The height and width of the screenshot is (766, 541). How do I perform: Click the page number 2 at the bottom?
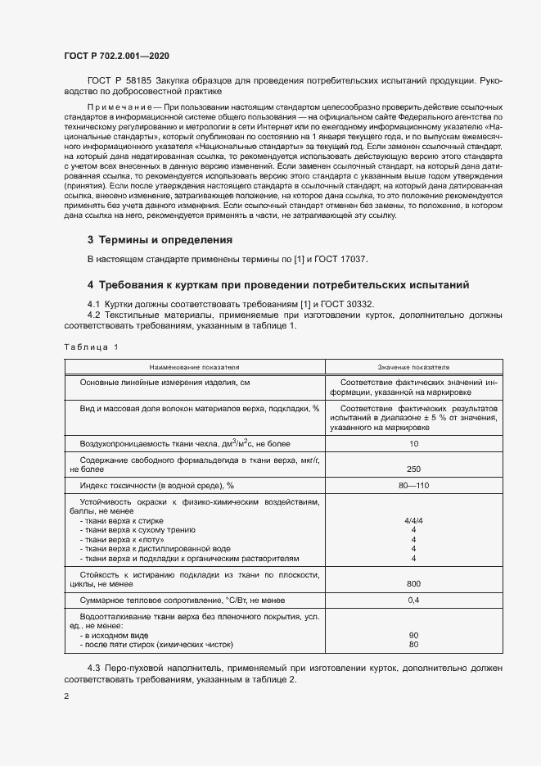[67, 696]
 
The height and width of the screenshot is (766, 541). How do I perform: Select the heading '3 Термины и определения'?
[160, 240]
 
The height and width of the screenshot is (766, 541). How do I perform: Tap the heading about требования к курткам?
[278, 285]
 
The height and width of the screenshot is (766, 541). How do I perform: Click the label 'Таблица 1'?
[91, 347]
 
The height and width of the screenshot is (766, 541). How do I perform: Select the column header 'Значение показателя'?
[413, 368]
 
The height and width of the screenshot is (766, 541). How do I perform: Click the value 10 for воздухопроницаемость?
[413, 443]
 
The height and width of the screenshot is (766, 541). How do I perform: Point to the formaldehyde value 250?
[413, 469]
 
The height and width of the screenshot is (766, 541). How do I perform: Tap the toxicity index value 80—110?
[413, 486]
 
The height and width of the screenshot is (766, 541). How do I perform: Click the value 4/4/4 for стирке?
[413, 520]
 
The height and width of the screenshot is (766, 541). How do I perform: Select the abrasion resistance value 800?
[413, 583]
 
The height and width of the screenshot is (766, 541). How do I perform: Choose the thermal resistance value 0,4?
[413, 601]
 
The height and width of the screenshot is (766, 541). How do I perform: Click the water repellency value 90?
[413, 635]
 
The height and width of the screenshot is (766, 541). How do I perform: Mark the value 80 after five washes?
[413, 644]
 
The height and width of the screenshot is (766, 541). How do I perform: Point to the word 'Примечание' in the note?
[119, 107]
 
